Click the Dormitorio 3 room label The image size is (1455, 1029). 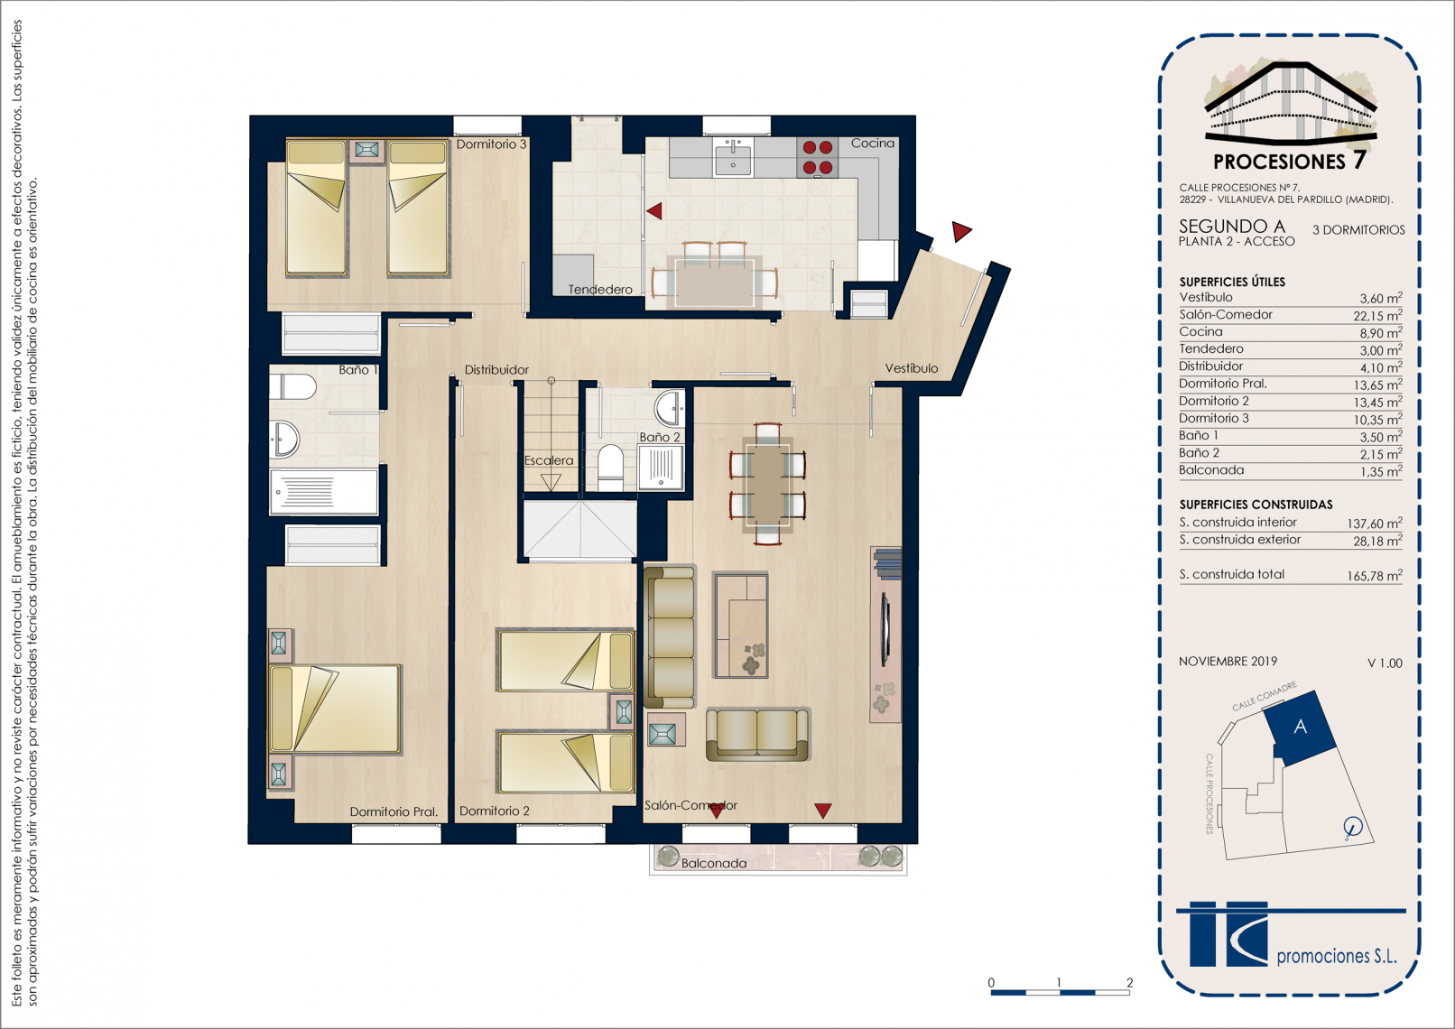(x=491, y=144)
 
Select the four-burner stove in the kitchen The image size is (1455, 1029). (x=817, y=158)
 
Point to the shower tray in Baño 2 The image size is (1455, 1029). (x=661, y=466)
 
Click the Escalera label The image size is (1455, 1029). (x=549, y=460)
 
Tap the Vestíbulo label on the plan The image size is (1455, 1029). (x=912, y=368)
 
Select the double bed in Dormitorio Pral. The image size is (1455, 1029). (x=335, y=709)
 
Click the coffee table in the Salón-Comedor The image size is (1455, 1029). (x=740, y=625)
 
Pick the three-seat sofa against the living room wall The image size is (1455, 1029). (x=669, y=636)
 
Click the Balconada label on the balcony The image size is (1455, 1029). (x=714, y=863)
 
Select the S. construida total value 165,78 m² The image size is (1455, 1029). (x=1375, y=576)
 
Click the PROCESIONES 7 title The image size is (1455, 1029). (x=1289, y=161)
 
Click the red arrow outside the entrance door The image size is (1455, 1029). (x=960, y=230)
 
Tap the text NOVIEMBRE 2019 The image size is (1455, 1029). (x=1228, y=662)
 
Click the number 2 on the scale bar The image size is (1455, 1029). (x=1129, y=982)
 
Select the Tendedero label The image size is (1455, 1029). (x=600, y=290)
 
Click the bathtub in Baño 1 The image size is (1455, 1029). (x=323, y=491)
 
